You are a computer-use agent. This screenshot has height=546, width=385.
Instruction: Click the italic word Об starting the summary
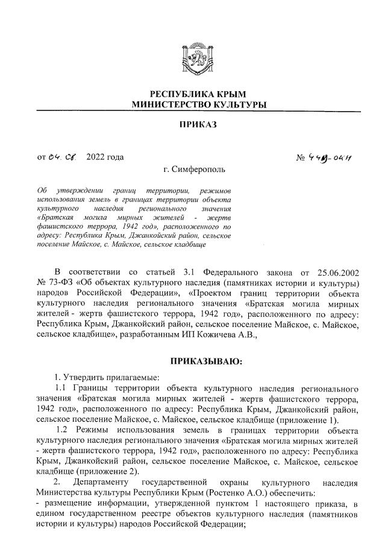42,191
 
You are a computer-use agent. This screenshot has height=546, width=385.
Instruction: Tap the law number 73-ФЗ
61,283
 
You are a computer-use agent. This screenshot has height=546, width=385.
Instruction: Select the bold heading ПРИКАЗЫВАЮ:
206,361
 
